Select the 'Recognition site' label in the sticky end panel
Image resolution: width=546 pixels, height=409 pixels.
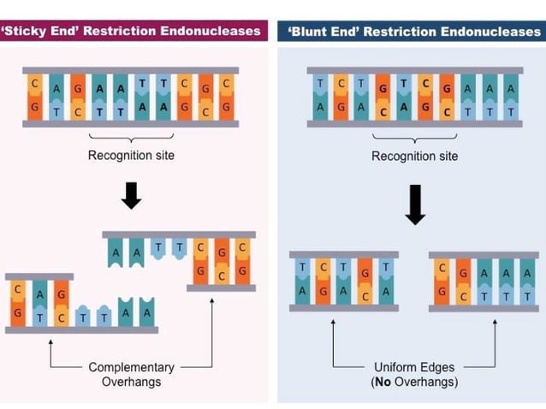131,155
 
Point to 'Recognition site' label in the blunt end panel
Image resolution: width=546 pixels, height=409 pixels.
414,156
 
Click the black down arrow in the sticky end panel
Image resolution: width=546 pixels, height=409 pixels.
131,195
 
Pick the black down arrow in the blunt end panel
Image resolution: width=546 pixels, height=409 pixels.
415,205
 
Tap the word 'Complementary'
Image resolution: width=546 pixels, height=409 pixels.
131,367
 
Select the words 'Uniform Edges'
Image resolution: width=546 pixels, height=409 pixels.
414,367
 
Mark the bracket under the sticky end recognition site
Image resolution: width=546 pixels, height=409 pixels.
131,138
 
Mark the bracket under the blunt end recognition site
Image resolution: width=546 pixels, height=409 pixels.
414,138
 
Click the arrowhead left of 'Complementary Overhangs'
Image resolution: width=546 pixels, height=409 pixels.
50,341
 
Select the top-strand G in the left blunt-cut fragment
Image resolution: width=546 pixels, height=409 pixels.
365,271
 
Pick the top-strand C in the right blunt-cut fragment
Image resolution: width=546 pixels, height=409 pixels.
441,268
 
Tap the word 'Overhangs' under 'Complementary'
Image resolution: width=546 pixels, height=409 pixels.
131,382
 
